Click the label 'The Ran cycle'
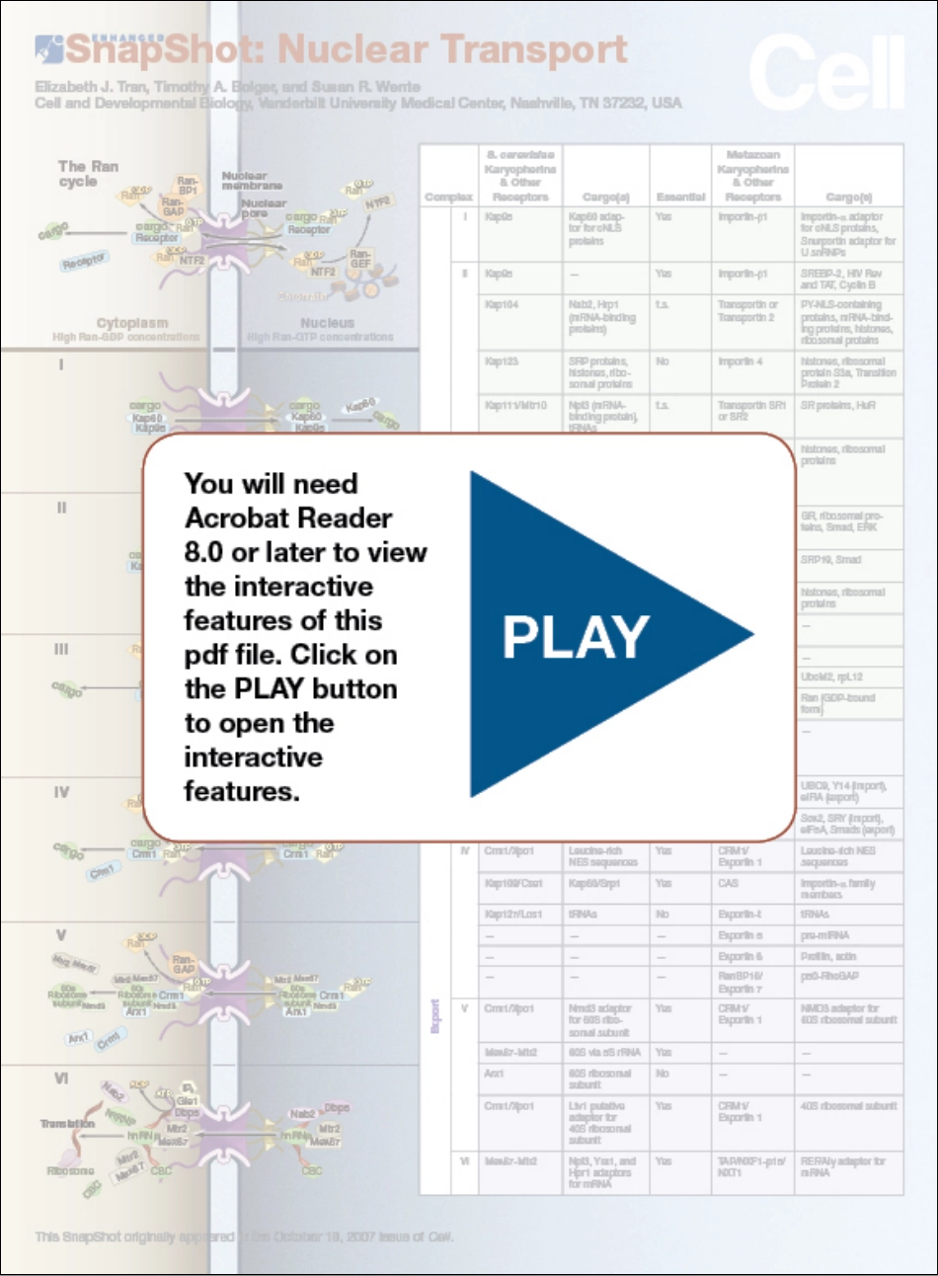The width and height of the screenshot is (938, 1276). click(x=87, y=174)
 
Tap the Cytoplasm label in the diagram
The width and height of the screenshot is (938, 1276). click(x=132, y=323)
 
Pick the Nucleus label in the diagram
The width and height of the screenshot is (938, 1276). click(x=327, y=323)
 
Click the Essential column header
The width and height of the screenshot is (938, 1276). click(x=680, y=198)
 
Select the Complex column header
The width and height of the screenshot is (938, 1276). click(x=448, y=198)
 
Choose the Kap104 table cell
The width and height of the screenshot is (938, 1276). click(x=502, y=305)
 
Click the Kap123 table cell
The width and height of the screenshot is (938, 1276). click(x=502, y=361)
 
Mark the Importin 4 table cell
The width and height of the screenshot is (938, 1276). click(x=740, y=361)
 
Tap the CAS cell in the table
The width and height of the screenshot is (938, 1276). click(x=728, y=884)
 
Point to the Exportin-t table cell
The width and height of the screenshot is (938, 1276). click(x=740, y=915)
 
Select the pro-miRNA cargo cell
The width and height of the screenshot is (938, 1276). click(x=824, y=935)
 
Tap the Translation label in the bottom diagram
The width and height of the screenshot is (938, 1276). click(x=67, y=1124)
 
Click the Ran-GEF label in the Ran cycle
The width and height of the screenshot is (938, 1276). click(x=360, y=259)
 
